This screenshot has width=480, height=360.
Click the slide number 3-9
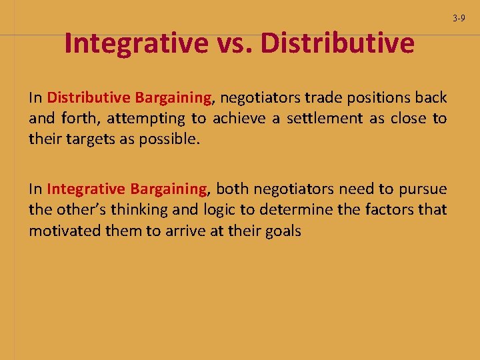[459, 18]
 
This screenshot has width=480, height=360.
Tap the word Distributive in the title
[338, 43]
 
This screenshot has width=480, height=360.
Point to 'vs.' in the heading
[235, 44]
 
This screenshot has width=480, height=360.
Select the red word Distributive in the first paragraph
[88, 98]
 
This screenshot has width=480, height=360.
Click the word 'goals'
[283, 232]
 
